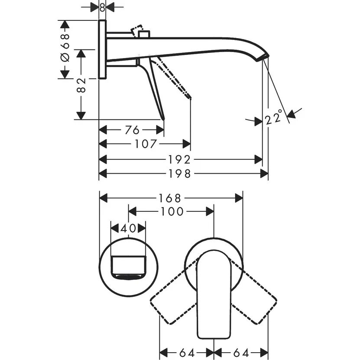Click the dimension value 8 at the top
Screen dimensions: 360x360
(102, 7)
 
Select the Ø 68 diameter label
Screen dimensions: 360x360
(65, 49)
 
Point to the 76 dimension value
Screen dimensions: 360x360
(132, 130)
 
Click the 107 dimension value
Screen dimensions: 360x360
(145, 144)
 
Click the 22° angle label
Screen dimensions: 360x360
(274, 117)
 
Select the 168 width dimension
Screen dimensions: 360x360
(169, 198)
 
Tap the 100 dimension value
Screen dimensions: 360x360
(172, 211)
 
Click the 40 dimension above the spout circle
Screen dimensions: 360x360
(128, 228)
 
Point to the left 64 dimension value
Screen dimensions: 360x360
(186, 352)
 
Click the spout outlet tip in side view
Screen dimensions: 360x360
(264, 58)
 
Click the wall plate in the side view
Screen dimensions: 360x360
(102, 49)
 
